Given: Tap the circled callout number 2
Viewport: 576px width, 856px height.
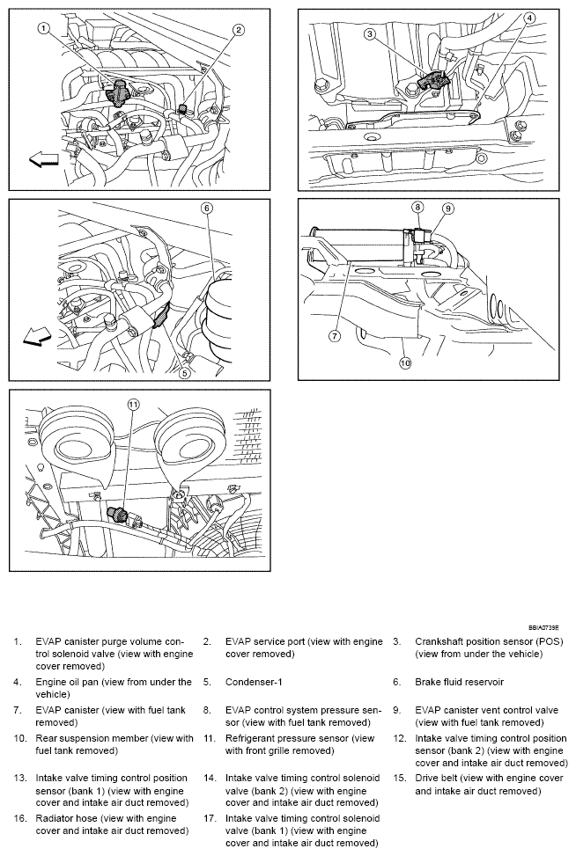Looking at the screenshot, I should point(238,30).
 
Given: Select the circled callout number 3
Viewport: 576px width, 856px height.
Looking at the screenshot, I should point(371,34).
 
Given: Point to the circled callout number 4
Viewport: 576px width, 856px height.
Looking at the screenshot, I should point(530,18).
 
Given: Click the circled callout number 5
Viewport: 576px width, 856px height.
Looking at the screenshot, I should point(184,373).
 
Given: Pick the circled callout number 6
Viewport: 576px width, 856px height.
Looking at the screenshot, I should point(207,209).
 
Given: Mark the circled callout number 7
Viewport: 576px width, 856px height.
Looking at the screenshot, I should point(336,335).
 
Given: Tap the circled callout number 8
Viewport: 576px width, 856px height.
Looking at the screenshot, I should point(419,208).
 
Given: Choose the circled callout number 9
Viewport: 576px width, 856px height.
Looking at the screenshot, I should point(447,209).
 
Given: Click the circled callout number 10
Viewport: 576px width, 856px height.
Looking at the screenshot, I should point(405,362).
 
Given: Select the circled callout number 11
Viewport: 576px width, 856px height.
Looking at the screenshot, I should point(133,405).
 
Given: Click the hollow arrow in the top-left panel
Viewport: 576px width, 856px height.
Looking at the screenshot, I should point(44,159).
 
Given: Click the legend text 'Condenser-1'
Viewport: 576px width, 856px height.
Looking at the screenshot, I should point(257,682).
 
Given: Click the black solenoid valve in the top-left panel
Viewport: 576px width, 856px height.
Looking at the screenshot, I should point(116,91).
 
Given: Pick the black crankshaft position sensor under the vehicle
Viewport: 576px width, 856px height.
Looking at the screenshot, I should point(432,81).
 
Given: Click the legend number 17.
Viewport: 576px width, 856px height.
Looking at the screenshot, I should point(210,818).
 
